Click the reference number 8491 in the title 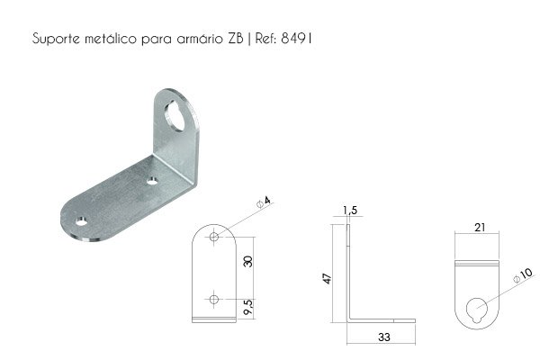tap(296, 38)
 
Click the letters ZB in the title tap(235, 38)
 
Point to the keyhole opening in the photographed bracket tap(175, 115)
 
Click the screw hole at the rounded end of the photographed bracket tap(82, 222)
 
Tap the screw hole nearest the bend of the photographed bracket tap(152, 182)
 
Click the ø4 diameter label tap(264, 202)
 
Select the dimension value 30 tap(248, 262)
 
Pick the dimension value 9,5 tap(248, 307)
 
